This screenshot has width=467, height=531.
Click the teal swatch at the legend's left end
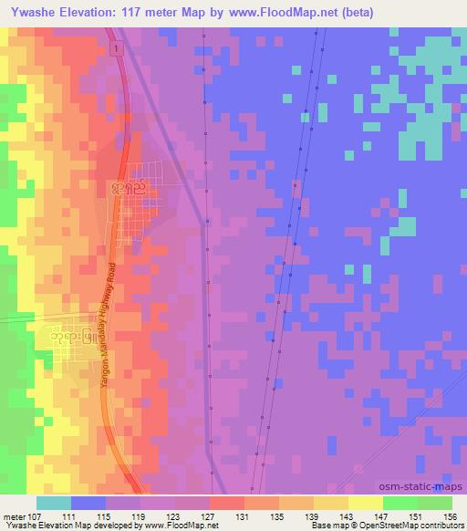click(x=53, y=503)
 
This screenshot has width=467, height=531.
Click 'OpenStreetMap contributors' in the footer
click(x=420, y=526)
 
